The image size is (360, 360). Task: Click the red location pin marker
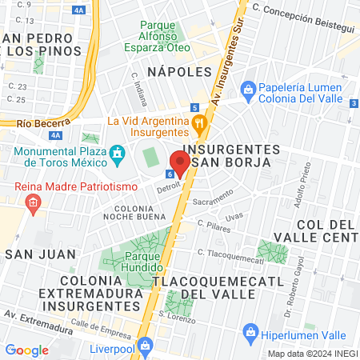179,162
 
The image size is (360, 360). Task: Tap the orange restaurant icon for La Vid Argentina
200,124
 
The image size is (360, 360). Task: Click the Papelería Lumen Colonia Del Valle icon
248,87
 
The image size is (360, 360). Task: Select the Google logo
27,350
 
